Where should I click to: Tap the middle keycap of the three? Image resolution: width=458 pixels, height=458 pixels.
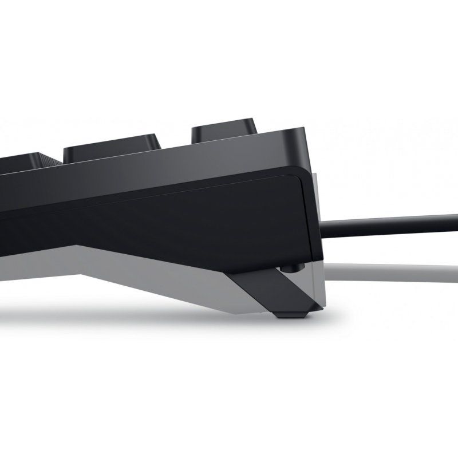point(112,147)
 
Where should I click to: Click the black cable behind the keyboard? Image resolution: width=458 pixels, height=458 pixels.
point(389,220)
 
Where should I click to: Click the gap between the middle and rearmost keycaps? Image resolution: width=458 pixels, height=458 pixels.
point(175,143)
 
